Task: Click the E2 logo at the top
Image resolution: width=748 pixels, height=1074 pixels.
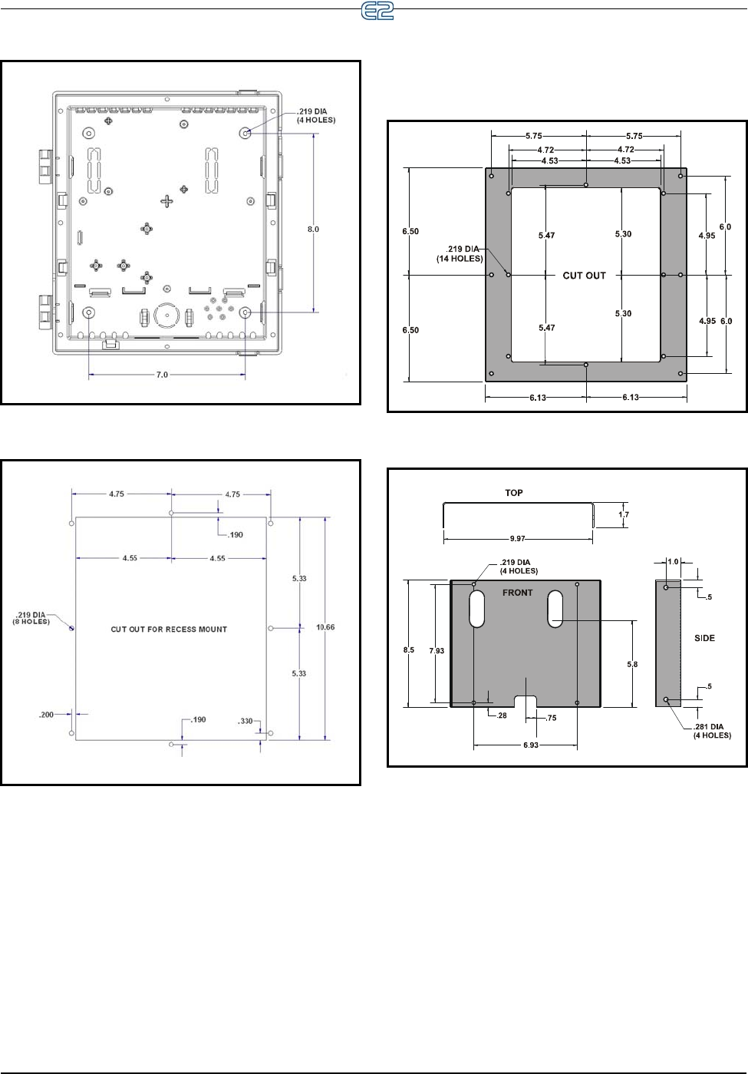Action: click(x=377, y=11)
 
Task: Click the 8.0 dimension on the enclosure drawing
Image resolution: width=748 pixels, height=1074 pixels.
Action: click(x=313, y=230)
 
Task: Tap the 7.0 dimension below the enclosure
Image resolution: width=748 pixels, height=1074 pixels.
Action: click(x=162, y=375)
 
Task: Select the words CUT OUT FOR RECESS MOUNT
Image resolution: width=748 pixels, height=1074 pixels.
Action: click(x=169, y=629)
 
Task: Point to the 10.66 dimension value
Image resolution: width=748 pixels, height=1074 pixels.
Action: click(x=325, y=627)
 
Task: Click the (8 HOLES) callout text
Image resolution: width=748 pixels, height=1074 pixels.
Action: click(x=31, y=622)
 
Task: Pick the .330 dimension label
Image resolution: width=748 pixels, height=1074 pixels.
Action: click(x=245, y=721)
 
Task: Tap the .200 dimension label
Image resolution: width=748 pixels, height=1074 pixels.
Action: click(x=47, y=715)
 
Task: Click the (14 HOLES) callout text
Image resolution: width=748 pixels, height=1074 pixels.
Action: click(x=460, y=259)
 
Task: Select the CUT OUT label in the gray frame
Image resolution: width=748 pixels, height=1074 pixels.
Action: click(x=584, y=276)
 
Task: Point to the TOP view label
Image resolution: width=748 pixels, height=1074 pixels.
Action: click(x=514, y=493)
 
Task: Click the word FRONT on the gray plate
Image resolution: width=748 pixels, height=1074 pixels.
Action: click(x=518, y=593)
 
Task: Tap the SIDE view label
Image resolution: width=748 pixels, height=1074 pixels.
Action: click(x=704, y=638)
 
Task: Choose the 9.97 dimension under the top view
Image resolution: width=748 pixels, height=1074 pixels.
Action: click(x=518, y=539)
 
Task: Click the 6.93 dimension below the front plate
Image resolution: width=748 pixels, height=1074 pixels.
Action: click(x=531, y=745)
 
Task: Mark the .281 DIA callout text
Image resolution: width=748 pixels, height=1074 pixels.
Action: click(x=708, y=727)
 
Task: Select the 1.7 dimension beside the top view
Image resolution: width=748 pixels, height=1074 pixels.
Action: click(x=624, y=514)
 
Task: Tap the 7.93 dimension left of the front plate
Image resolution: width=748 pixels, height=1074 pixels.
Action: click(x=437, y=651)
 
